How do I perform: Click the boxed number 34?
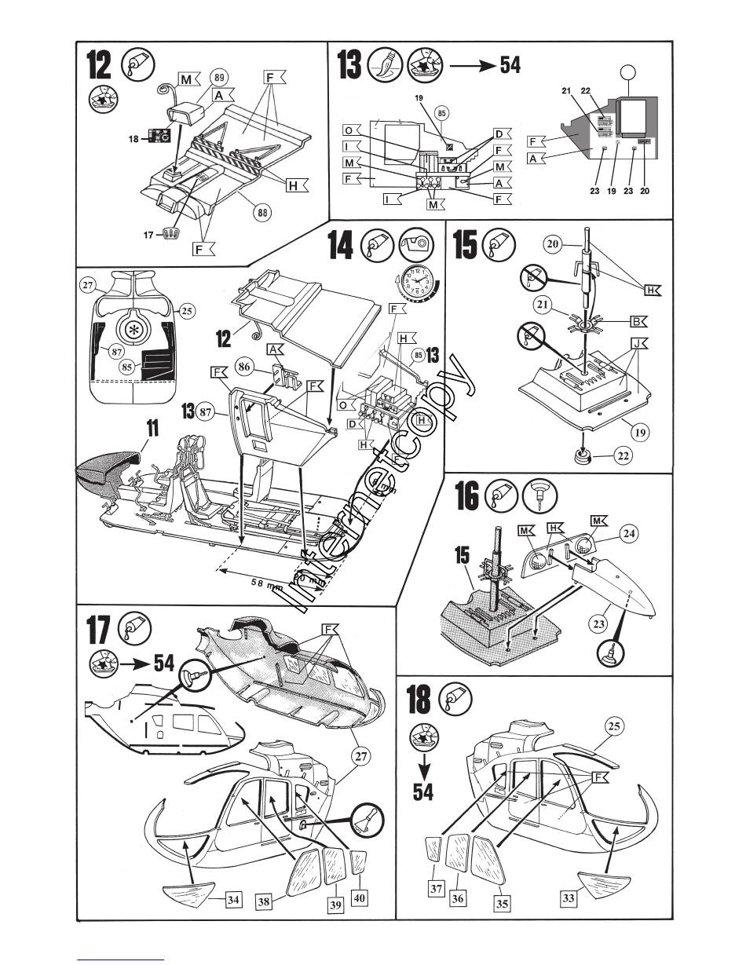[x=233, y=900]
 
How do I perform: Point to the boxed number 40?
[x=360, y=896]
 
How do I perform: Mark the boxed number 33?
[x=570, y=899]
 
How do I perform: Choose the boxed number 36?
[x=457, y=897]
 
